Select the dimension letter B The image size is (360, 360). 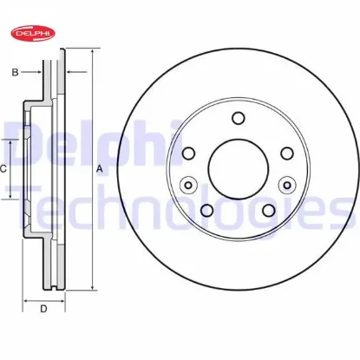tap(16, 72)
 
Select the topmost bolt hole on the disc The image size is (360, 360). tap(236, 121)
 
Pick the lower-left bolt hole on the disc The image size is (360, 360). tap(206, 209)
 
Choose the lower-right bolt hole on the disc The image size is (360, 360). tap(265, 209)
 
